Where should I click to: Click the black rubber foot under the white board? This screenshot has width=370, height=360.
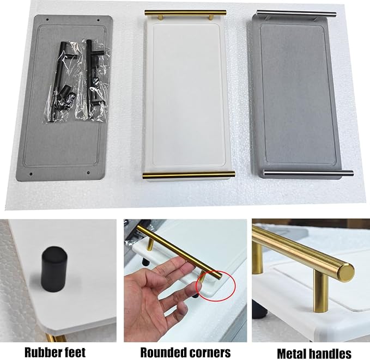click(54, 269)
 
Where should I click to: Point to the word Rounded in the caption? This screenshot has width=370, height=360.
click(162, 353)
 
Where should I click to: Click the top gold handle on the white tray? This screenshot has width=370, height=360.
click(185, 13)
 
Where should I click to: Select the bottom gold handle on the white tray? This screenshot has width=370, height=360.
click(189, 175)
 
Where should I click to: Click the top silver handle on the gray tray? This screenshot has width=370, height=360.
click(296, 14)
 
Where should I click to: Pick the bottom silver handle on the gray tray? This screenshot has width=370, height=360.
click(308, 173)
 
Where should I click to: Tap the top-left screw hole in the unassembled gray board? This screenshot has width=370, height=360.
click(47, 20)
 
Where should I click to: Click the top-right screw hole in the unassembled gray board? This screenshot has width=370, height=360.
click(99, 20)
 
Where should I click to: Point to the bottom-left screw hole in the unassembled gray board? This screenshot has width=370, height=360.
click(31, 174)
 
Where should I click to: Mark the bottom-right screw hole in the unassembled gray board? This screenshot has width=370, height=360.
click(88, 173)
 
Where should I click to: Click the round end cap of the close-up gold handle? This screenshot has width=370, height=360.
click(346, 273)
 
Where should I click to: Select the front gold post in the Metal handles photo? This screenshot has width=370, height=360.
click(320, 291)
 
